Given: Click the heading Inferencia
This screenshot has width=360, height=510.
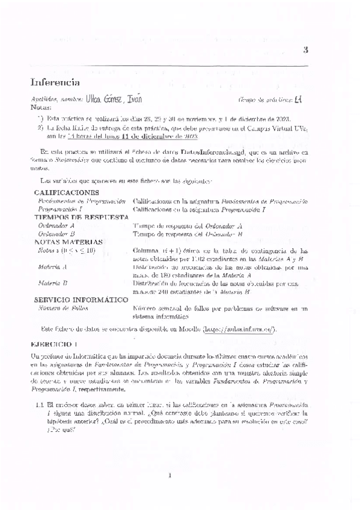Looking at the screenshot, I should coord(55,82).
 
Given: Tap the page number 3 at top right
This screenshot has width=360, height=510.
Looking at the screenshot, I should coord(305,51).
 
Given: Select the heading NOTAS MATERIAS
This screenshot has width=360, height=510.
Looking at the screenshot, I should coord(69,242).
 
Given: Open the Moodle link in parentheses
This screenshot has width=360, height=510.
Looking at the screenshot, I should coord(240,329).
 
